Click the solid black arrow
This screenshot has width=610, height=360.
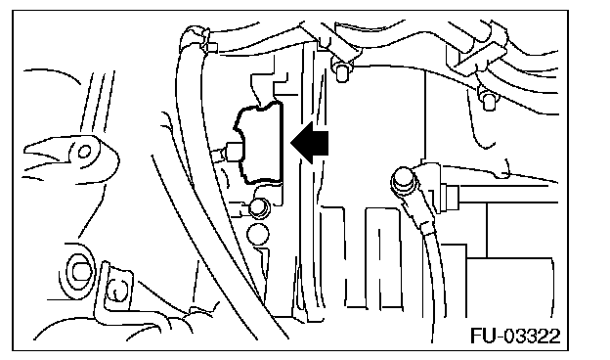310,142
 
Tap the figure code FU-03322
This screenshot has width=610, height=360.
515,336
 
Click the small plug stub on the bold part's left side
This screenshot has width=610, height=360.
229,152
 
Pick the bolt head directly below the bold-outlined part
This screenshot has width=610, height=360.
259,207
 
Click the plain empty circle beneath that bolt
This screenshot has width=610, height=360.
257,234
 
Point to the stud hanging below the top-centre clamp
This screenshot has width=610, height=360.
341,71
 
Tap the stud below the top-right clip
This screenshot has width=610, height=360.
488,100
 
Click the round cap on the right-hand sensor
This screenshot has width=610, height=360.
402,180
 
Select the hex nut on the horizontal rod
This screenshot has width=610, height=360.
452,198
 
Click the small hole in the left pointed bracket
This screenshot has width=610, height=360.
84,152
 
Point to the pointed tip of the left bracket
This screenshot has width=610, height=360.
24,149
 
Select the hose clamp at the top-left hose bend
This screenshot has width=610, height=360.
196,37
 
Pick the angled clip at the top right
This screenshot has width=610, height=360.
479,55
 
